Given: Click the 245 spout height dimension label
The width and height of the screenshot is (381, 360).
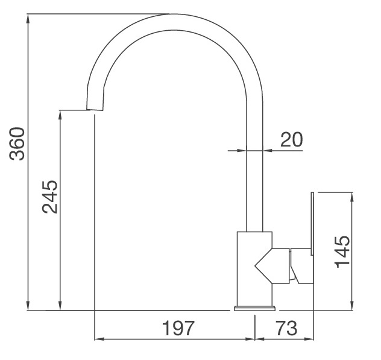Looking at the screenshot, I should coord(51,197).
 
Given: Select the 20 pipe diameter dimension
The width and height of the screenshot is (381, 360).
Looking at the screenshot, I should coord(291,139).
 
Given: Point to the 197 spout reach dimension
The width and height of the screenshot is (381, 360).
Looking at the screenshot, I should coord(179,329).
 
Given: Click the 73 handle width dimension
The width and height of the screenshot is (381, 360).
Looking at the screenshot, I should coord(286,329).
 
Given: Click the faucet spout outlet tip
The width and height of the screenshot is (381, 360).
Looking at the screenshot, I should coord(95,109).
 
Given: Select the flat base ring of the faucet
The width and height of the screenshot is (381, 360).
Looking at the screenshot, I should coord(255,308).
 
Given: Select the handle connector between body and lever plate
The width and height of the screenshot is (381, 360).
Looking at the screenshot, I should coord(292,265).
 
